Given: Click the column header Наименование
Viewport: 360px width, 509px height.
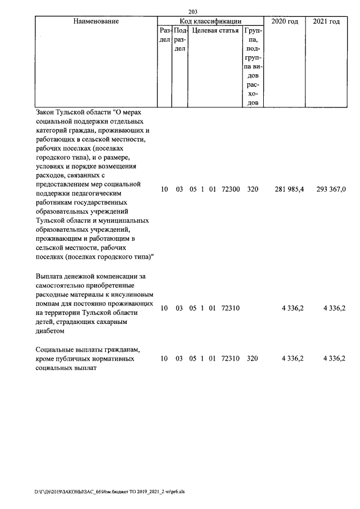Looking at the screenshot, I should tap(96, 21).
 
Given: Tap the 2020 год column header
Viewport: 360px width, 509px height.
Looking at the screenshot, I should tap(284, 21).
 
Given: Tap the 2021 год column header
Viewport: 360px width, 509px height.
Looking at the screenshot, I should tap(326, 21).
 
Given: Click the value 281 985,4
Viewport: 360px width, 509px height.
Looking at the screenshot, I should tap(289, 190).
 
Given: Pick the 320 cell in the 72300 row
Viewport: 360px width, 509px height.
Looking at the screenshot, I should tap(253, 190).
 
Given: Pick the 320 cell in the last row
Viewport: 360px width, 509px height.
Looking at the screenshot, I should tap(253, 358).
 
